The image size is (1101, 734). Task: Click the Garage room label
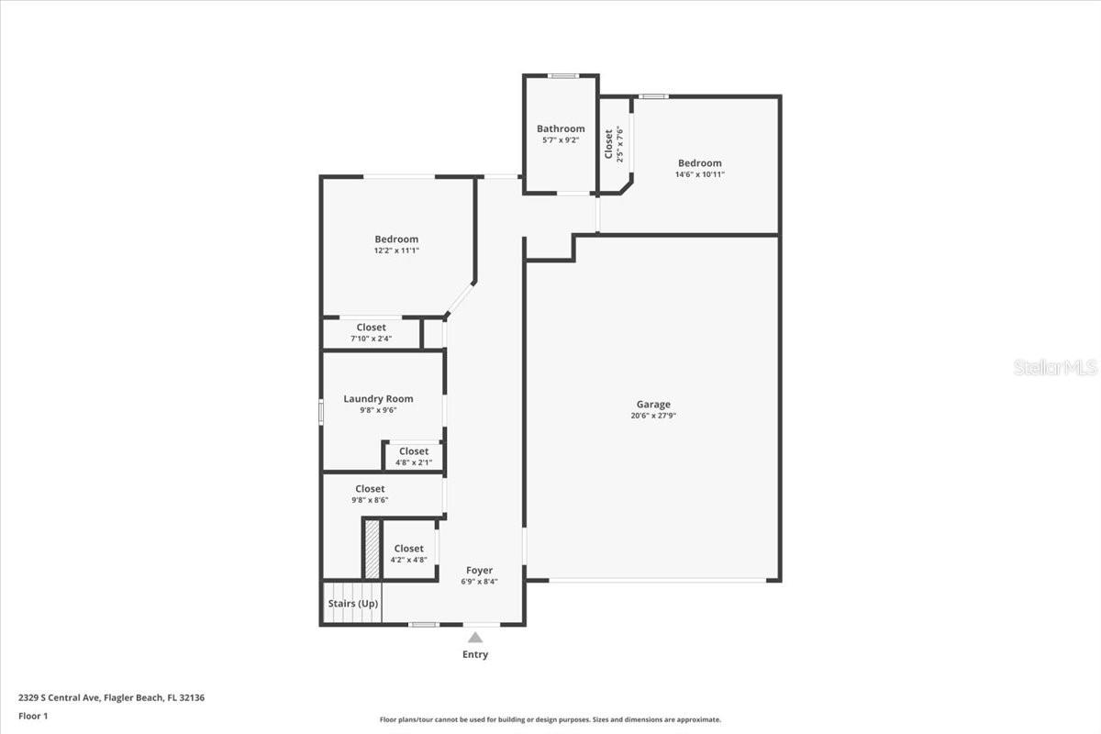[x=653, y=404]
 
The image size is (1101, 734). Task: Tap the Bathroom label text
[x=561, y=128]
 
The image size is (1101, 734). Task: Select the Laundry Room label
[x=378, y=398]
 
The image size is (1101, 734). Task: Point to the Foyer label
[x=479, y=570]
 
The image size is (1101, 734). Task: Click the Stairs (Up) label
[x=352, y=604]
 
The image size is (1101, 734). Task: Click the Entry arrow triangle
[x=475, y=637]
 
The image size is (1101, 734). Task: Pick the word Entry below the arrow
[x=475, y=654]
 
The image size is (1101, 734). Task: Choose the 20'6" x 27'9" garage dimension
[x=653, y=416]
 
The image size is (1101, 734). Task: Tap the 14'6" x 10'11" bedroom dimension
[x=700, y=174]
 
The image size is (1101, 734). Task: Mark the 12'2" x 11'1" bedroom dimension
[x=396, y=250]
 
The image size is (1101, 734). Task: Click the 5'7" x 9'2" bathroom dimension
[x=561, y=140]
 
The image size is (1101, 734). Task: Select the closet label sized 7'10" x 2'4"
[x=372, y=327]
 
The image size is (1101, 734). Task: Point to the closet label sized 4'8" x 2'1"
[x=414, y=450]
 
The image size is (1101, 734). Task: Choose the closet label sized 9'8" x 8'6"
[x=370, y=488]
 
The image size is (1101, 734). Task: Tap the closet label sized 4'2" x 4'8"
[x=409, y=548]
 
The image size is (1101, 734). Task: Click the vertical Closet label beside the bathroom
[x=608, y=143]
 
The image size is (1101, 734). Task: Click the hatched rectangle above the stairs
[x=373, y=549]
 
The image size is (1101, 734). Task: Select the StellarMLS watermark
[x=1055, y=367]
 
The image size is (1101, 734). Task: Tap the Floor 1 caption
[x=32, y=716]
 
